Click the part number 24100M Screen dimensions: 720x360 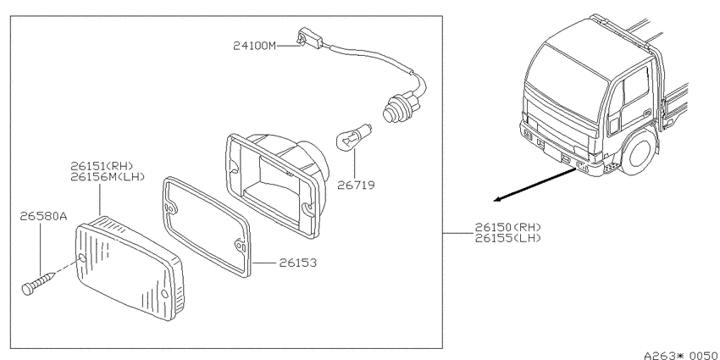[255, 46]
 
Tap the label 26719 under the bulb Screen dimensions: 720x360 [356, 185]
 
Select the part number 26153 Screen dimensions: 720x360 [297, 263]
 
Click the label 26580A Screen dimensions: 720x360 [43, 216]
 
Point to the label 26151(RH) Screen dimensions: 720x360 [102, 166]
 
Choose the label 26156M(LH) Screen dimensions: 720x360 [108, 177]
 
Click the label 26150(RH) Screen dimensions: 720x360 [508, 227]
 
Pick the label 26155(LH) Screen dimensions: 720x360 [508, 238]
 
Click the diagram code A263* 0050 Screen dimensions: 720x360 [680, 355]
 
